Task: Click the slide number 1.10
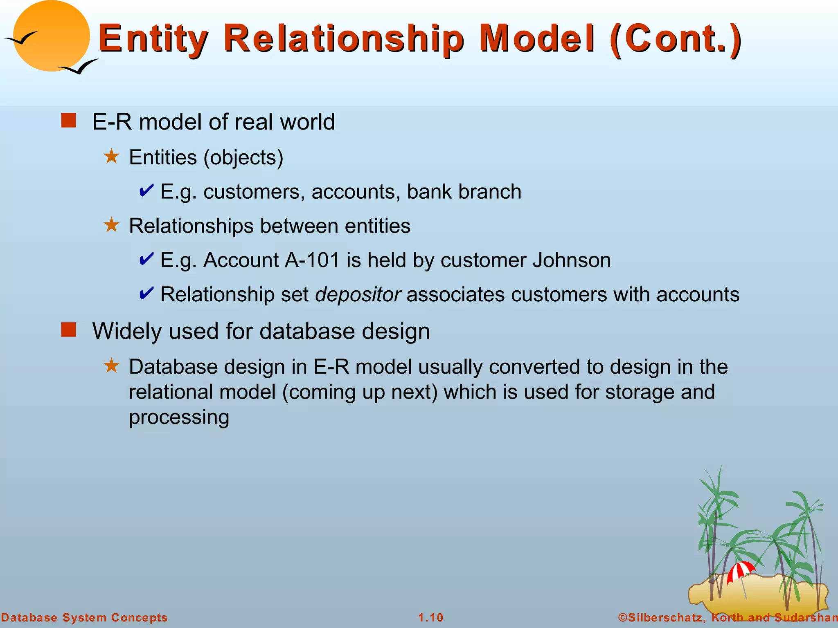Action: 430,617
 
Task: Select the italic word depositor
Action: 358,295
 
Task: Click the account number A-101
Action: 312,260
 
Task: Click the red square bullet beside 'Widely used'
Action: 69,330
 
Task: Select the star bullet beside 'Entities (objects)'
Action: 111,157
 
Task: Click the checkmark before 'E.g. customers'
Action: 146,191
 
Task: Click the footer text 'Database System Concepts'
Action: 84,617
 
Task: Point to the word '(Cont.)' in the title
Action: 675,39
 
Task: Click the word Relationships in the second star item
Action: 191,226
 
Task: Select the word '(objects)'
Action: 243,158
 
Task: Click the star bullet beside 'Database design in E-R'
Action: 111,366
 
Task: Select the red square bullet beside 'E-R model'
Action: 69,121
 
